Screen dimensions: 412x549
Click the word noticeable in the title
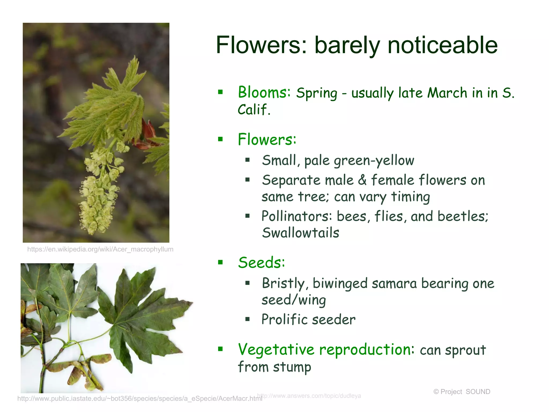[x=442, y=45]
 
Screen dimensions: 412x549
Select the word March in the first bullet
[x=447, y=93]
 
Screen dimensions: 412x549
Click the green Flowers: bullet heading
[x=267, y=139]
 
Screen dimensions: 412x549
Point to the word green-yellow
[x=374, y=161]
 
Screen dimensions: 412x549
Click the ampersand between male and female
[x=362, y=180]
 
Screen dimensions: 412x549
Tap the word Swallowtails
[x=301, y=233]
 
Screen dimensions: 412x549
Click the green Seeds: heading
[x=261, y=262]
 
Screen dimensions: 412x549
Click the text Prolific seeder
[x=308, y=319]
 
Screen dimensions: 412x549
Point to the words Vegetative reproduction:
[x=326, y=350]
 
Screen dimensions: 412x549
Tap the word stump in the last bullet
[x=292, y=367]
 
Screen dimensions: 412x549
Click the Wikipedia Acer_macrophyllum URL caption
[x=100, y=249]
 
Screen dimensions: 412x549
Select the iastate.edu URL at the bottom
[x=139, y=399]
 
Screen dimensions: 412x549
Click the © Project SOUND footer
[x=462, y=392]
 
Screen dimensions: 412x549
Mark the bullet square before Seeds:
[x=220, y=262]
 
